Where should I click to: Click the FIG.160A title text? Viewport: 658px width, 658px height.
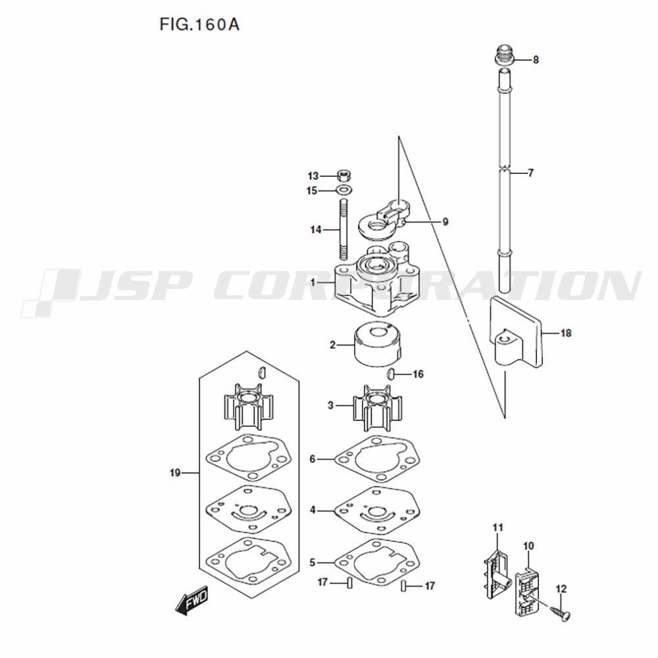(x=199, y=25)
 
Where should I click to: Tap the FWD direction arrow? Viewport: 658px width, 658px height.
(x=191, y=601)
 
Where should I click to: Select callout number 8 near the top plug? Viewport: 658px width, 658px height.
(x=536, y=60)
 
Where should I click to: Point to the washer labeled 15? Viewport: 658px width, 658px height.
(x=344, y=190)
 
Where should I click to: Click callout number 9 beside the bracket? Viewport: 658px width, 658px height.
(x=445, y=222)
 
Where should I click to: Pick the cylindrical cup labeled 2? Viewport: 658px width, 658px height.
(x=377, y=344)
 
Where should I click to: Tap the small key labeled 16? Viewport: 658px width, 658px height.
(x=390, y=373)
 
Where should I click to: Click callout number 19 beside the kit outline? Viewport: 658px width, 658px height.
(x=175, y=473)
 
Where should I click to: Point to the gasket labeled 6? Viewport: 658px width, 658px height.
(x=377, y=459)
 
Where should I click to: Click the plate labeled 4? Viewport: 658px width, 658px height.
(x=377, y=511)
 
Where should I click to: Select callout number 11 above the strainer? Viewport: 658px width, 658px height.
(x=497, y=528)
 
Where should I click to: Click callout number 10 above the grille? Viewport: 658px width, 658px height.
(x=529, y=546)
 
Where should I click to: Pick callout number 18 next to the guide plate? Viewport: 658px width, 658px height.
(x=566, y=333)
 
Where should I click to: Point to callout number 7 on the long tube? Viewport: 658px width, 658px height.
(x=530, y=173)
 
